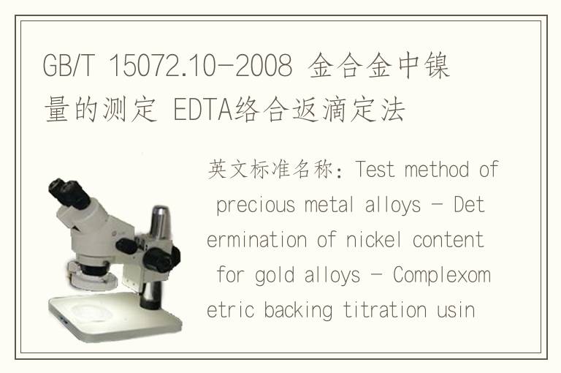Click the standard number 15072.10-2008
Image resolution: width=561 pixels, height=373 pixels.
pyautogui.click(x=200, y=66)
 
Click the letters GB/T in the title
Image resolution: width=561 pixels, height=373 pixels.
pyautogui.click(x=68, y=66)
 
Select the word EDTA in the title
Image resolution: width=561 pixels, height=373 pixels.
pyautogui.click(x=203, y=109)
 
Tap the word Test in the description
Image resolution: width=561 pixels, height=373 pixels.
pyautogui.click(x=375, y=169)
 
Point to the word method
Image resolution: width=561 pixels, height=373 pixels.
pyautogui.click(x=437, y=169)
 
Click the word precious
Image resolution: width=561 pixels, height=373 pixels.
pyautogui.click(x=256, y=206)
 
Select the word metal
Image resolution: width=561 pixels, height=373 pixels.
pyautogui.click(x=329, y=205)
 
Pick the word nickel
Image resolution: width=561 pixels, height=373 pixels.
pyautogui.click(x=374, y=240)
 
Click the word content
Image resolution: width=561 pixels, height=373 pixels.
pyautogui.click(x=449, y=240)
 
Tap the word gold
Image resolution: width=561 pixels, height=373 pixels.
pyautogui.click(x=275, y=276)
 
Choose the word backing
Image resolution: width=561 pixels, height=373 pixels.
pyautogui.click(x=298, y=311)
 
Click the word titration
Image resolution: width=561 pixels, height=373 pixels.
pyautogui.click(x=385, y=310)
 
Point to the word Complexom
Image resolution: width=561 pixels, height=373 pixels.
pyautogui.click(x=442, y=276)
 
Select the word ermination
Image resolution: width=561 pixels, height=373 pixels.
pyautogui.click(x=256, y=240)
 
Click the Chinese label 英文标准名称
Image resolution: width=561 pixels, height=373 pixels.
pyautogui.click(x=270, y=169)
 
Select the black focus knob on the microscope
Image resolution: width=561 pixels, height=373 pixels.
pyautogui.click(x=161, y=259)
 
